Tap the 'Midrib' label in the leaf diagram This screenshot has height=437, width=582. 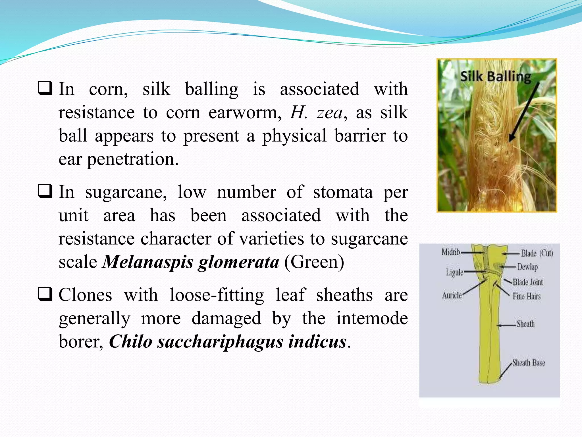[451, 252]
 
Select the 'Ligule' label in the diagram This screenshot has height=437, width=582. [454, 272]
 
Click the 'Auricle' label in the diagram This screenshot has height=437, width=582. [452, 296]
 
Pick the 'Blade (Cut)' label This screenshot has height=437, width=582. [537, 253]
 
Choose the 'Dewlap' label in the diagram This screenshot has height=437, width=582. [527, 267]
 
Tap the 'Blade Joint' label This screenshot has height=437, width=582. [528, 282]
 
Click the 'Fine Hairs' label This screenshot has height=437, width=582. [527, 296]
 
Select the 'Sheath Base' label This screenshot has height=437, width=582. [529, 363]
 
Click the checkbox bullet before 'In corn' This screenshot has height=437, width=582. [45, 88]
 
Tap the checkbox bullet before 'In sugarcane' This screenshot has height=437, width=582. [45, 191]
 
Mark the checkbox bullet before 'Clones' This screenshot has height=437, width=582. [45, 294]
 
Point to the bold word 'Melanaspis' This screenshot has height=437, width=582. [148, 262]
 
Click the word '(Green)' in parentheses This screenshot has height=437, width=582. [314, 262]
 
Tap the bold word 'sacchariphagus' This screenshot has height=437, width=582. [220, 341]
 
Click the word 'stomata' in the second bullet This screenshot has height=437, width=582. [343, 192]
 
